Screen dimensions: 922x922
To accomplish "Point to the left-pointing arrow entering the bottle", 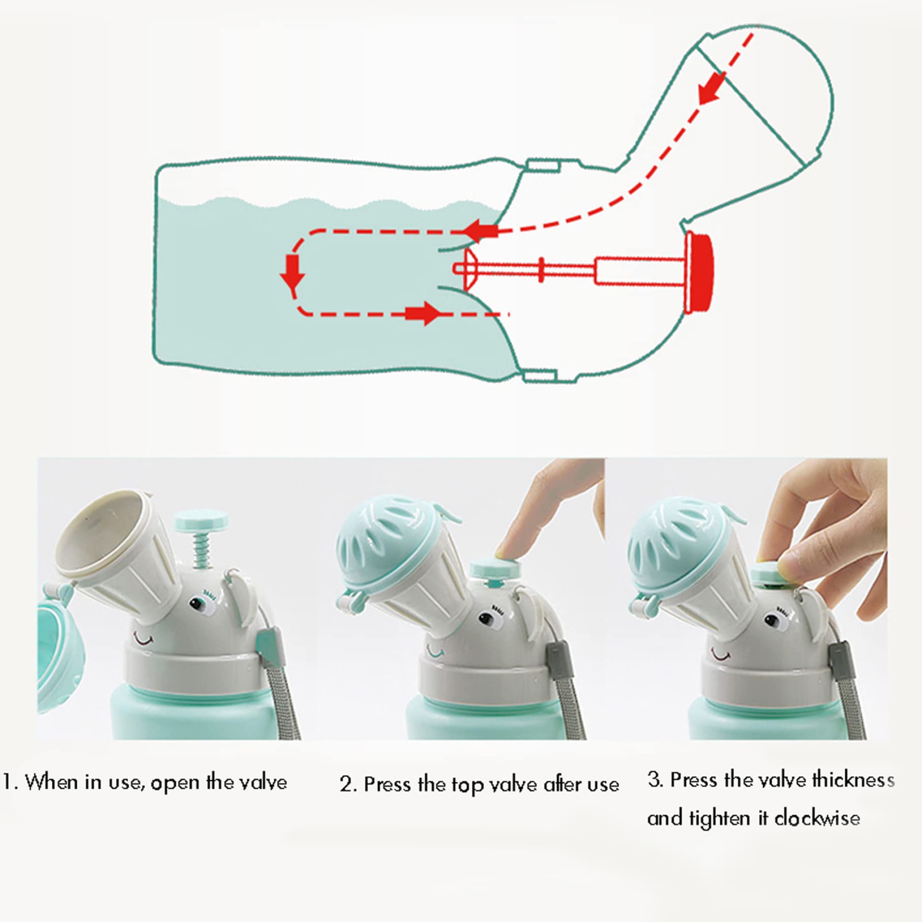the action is click(480, 231).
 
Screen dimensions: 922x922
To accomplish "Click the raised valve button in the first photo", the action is click(201, 520).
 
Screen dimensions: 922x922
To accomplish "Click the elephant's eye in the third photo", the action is click(773, 620).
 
